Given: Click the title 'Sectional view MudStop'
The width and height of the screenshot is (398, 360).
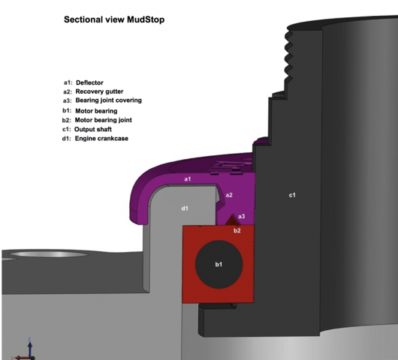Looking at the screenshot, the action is [x=114, y=19].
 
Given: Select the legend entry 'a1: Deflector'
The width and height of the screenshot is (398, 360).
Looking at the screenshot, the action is [x=83, y=82].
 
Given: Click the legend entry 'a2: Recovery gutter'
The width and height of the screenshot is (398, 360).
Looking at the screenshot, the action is [x=93, y=91].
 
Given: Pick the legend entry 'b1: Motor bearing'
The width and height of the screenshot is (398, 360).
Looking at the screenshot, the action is [x=90, y=111].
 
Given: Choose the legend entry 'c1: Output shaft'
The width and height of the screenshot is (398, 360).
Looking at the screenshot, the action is [x=87, y=129].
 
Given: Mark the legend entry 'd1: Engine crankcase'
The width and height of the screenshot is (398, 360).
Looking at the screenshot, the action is [x=95, y=139].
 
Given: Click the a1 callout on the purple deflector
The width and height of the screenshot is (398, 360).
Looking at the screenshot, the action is [x=187, y=179].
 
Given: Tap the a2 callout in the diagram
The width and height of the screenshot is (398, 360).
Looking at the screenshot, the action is [x=229, y=195].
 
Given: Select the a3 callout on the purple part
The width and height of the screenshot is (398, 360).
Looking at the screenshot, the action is [x=242, y=216].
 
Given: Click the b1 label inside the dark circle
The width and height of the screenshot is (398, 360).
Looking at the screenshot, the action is [x=219, y=265].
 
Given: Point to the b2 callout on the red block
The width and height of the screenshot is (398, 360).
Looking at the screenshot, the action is [x=237, y=230].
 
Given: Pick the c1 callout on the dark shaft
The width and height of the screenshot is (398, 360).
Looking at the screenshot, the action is [x=292, y=195].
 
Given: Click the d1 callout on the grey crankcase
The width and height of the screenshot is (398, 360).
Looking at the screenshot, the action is [x=185, y=208].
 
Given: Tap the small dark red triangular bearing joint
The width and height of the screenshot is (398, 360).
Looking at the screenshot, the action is [x=232, y=220].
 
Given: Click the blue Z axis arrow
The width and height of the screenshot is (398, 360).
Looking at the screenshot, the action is [x=30, y=346].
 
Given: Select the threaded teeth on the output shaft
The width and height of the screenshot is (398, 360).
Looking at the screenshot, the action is [x=288, y=57].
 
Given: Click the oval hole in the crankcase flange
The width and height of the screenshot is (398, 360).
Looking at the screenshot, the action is [x=49, y=254].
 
